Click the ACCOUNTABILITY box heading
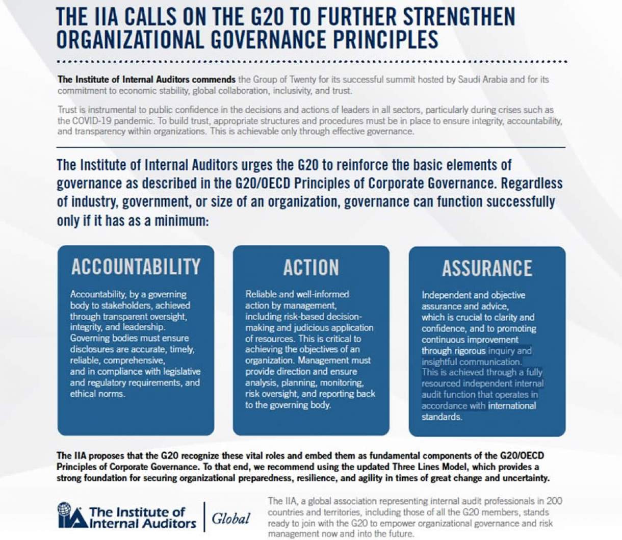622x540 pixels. coord(136,267)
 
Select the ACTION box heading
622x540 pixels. coord(311,268)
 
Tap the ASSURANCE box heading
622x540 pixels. coord(487,269)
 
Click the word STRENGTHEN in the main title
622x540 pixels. coord(459,17)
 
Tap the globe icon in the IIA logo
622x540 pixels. coord(65,509)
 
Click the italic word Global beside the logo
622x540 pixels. coord(231,519)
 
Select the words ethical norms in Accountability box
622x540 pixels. coord(97,394)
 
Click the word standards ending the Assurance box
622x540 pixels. coord(442,417)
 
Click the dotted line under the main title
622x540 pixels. coord(311,62)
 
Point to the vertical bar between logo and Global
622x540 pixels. coord(204,516)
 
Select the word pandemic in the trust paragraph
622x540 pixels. coord(135,121)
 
